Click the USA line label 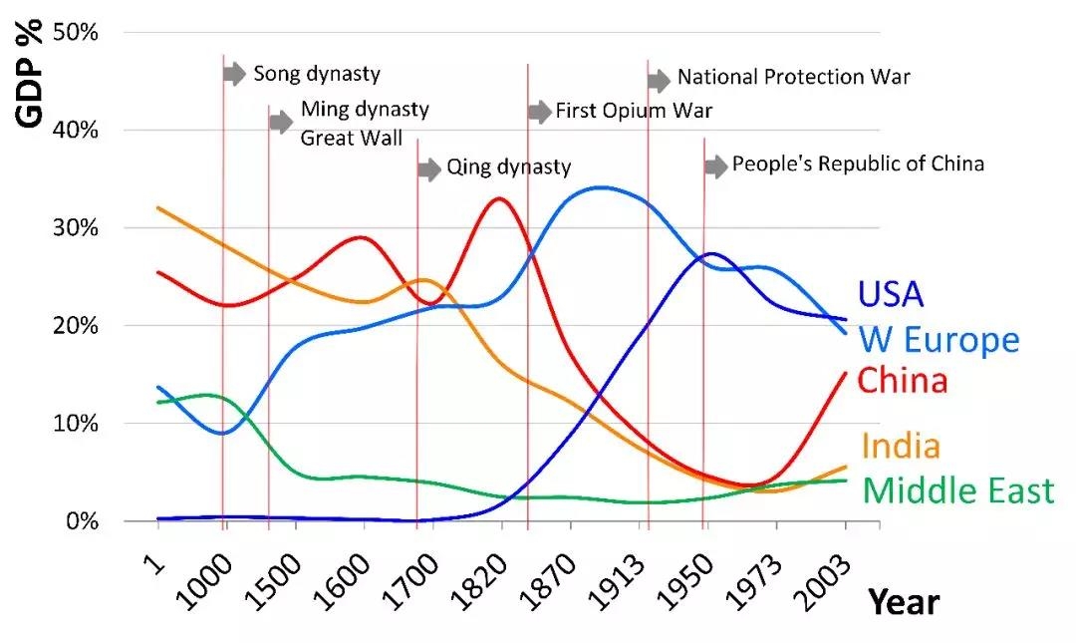click(x=891, y=294)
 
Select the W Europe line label click(x=939, y=341)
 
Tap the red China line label click(x=903, y=381)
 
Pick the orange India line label click(x=901, y=446)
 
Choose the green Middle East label click(x=957, y=490)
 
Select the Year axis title click(x=902, y=602)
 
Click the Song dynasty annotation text click(x=317, y=74)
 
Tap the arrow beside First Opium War click(x=539, y=112)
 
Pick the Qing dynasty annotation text click(x=508, y=167)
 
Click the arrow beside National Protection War click(x=659, y=81)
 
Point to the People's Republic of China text click(x=858, y=163)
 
